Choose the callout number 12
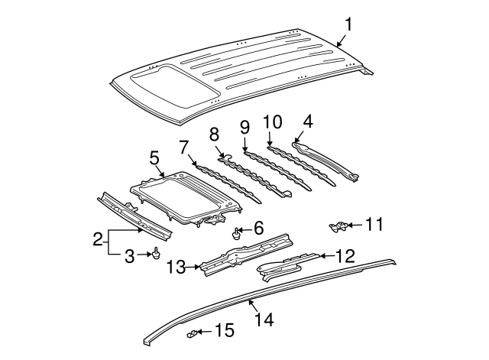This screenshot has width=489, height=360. (346, 256)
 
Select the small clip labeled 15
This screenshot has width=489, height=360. (193, 333)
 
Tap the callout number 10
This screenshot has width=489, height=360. (273, 122)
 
